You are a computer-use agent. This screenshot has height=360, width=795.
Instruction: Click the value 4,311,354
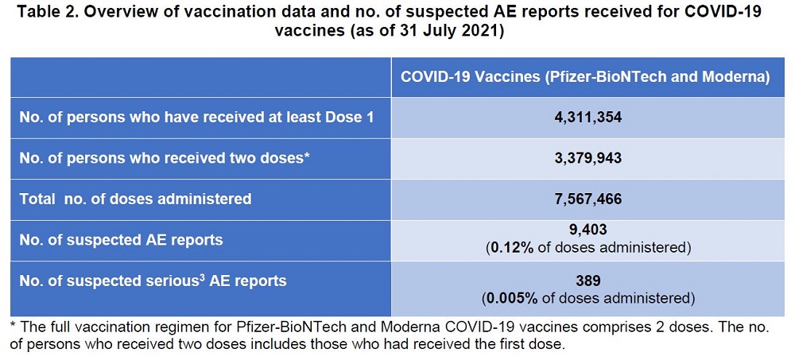(589, 118)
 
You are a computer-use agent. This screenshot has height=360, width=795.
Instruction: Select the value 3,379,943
(589, 157)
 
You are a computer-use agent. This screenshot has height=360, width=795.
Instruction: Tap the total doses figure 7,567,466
(589, 198)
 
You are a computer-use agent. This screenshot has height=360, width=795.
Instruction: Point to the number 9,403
(589, 230)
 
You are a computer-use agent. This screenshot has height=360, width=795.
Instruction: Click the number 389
(589, 281)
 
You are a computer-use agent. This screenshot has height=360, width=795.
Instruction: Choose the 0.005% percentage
(511, 299)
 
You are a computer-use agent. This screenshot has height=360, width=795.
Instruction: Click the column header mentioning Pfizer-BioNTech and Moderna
(584, 76)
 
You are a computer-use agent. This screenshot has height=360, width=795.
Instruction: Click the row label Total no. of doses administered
(135, 199)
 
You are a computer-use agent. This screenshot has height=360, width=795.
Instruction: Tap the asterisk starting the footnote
(13, 327)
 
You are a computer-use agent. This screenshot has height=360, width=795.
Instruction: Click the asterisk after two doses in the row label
(306, 156)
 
